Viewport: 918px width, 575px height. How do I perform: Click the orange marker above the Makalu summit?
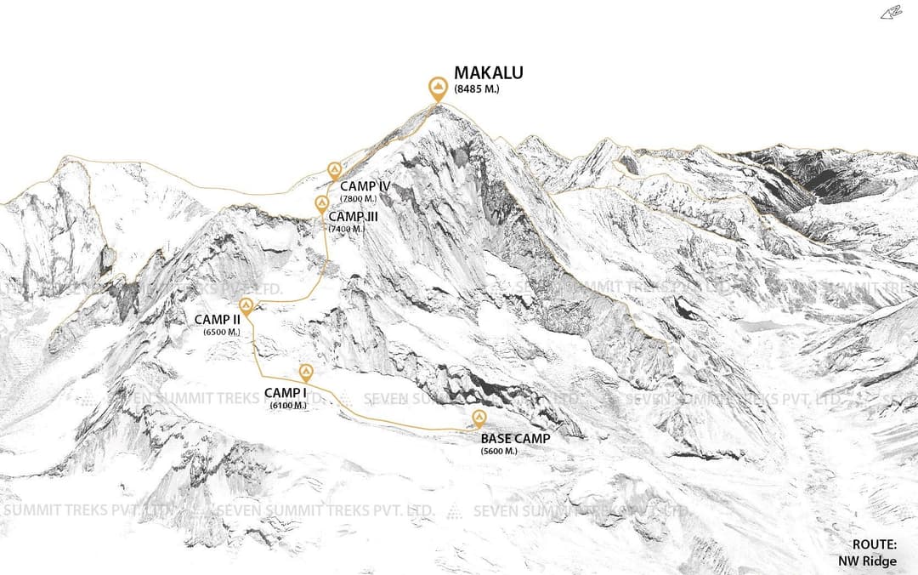[x=438, y=88]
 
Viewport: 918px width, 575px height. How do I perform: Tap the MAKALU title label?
[x=489, y=73]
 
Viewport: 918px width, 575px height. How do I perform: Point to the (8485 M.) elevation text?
[x=477, y=88]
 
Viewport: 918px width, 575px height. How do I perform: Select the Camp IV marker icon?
[x=334, y=170]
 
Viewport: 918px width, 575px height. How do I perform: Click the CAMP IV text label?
[x=365, y=185]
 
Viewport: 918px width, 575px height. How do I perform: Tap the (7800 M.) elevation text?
[x=358, y=199]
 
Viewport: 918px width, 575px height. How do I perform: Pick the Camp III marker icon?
[x=322, y=203]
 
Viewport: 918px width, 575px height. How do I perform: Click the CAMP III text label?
[x=354, y=217]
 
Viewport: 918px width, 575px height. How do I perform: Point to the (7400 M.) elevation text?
[x=347, y=229]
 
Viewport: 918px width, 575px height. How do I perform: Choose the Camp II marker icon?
[x=246, y=306]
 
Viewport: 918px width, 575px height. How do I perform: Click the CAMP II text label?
[x=218, y=320]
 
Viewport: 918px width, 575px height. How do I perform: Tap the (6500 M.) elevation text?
[x=222, y=332]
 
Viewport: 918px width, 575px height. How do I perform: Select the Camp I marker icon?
[x=305, y=372]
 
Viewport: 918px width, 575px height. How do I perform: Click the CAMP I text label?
[x=285, y=393]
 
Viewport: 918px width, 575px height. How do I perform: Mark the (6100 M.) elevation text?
[x=288, y=406]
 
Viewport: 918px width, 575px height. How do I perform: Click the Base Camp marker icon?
[x=479, y=417]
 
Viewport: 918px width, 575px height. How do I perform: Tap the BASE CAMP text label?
[x=515, y=439]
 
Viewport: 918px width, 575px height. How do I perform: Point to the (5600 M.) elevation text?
[x=499, y=451]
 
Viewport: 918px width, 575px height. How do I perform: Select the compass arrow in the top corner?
[x=891, y=12]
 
